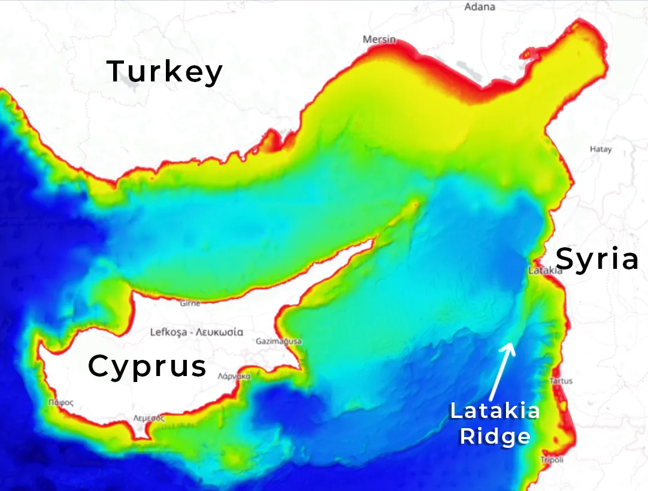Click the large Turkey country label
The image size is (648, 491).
165,71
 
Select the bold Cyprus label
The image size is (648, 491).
147,366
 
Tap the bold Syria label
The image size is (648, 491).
597,259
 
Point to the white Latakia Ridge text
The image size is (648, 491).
495,423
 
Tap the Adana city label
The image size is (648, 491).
480,7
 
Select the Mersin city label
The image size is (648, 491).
379,40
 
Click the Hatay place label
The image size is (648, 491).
601,149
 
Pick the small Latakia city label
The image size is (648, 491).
545,271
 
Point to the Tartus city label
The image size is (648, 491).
561,381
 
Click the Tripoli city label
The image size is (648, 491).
552,460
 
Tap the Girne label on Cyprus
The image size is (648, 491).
190,304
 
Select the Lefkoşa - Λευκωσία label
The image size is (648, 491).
196,331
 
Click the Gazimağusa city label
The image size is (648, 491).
278,341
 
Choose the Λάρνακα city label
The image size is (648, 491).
234,376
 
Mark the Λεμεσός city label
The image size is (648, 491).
149,418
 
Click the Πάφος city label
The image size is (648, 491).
61,403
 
